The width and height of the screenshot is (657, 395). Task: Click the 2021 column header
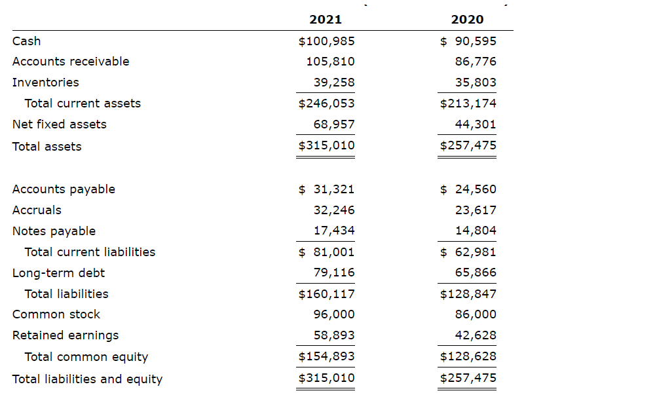pos(326,20)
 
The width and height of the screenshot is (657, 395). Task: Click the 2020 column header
pos(468,20)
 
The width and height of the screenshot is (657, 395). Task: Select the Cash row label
pos(26,41)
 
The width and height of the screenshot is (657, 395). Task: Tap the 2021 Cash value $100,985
pos(326,41)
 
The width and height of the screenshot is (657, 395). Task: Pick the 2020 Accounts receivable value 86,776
pos(476,62)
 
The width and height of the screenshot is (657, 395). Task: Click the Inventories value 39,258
pos(334,83)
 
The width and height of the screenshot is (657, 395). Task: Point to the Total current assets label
pos(83,103)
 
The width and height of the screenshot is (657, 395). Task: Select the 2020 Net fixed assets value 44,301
pos(476,124)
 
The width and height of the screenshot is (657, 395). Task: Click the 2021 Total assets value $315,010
pos(326,145)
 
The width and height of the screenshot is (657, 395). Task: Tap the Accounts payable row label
pos(64,189)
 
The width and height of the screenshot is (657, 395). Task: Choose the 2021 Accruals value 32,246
pos(334,210)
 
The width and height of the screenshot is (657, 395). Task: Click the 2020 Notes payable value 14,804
pos(476,231)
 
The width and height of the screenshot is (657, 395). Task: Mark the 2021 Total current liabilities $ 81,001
pos(326,252)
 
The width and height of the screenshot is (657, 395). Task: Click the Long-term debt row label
pos(58,273)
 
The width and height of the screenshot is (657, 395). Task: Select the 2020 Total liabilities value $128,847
pos(468,294)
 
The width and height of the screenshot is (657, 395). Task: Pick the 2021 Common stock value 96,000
pos(334,314)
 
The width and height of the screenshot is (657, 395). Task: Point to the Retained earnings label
pos(66,335)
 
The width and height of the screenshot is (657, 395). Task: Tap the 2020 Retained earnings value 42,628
pos(476,335)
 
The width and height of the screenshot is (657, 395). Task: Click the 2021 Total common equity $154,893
pos(326,356)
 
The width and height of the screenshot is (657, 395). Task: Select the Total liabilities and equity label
pos(87,379)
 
